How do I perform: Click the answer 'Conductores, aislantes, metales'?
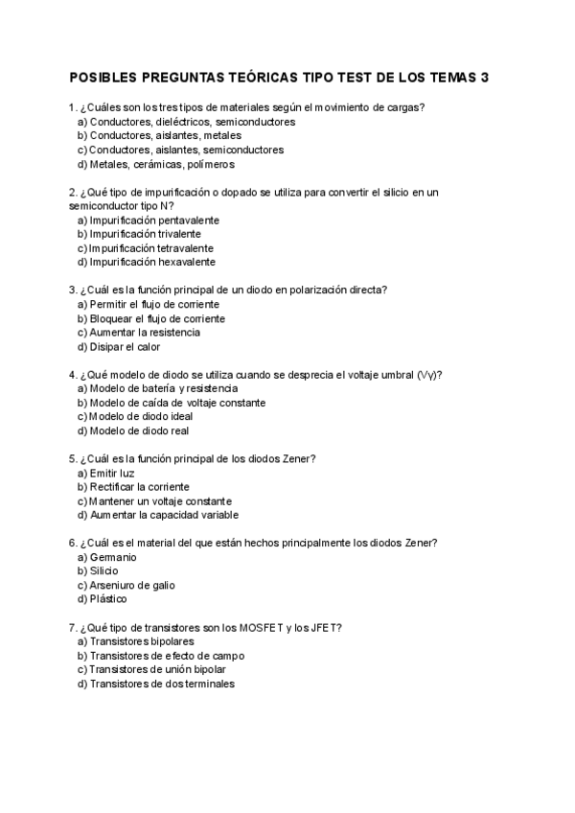click(158, 135)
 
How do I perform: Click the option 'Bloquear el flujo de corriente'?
click(157, 317)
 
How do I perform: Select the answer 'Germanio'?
click(112, 557)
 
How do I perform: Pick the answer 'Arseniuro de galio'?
click(131, 585)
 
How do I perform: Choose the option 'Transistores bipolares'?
click(141, 640)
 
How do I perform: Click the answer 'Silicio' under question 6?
click(103, 570)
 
